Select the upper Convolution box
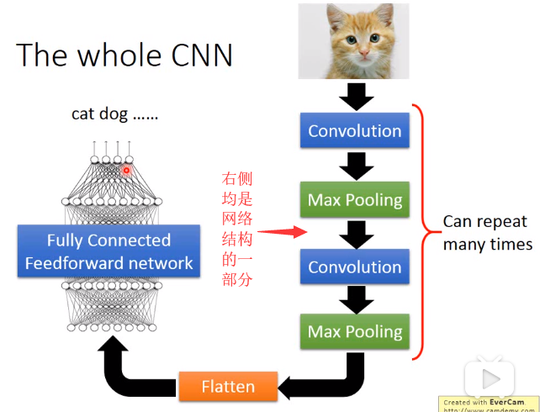tap(354, 131)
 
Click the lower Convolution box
tap(354, 267)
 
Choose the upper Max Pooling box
tap(354, 200)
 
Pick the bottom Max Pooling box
tap(354, 331)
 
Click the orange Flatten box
tap(227, 387)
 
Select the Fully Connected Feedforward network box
tap(109, 251)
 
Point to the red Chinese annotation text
tap(236, 228)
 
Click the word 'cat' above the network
tap(82, 114)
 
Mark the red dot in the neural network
tap(126, 170)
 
